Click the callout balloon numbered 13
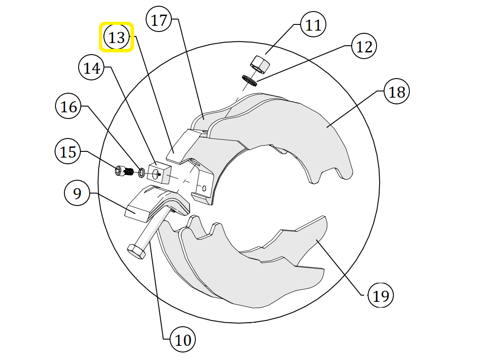tap(117, 37)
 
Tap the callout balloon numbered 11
tap(313, 24)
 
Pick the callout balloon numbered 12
tap(364, 46)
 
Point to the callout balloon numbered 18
tap(397, 91)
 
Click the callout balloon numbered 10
tap(183, 340)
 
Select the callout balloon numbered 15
tap(68, 151)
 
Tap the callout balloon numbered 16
tap(68, 107)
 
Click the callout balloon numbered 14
tap(91, 67)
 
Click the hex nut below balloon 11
tap(260, 64)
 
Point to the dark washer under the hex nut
tap(250, 80)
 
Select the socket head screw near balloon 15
tap(124, 171)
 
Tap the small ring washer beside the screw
tap(142, 173)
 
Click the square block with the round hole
tap(159, 173)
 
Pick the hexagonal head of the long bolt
tap(136, 251)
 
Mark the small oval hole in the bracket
tap(204, 188)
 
